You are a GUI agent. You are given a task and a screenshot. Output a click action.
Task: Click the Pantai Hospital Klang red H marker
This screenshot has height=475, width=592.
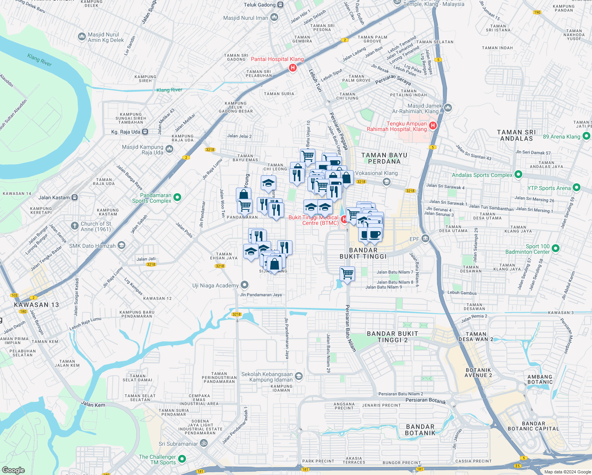tap(293, 68)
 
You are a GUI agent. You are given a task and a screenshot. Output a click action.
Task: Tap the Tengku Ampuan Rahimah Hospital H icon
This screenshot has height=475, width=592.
tap(433, 126)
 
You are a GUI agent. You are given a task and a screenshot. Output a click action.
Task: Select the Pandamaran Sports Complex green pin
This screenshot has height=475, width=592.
tap(177, 197)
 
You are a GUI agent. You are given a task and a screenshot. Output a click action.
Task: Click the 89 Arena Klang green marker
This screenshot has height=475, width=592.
tap(586, 136)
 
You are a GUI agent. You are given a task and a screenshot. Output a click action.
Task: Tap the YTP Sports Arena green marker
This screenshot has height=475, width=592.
tap(577, 188)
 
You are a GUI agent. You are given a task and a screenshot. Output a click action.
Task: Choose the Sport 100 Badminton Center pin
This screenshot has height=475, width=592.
tap(556, 249)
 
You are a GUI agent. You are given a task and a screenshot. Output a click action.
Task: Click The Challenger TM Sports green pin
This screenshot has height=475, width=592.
tap(182, 459)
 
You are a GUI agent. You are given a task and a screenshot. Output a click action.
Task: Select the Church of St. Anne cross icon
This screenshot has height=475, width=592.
tap(74, 226)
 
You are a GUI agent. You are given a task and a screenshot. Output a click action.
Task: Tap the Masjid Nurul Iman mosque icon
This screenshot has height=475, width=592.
tap(274, 17)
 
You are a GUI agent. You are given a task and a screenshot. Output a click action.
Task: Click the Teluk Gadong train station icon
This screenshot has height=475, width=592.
tap(280, 5)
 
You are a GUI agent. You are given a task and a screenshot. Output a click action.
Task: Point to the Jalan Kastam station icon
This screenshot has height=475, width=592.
tap(74, 197)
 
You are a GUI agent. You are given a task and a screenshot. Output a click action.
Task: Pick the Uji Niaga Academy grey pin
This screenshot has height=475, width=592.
tap(245, 285)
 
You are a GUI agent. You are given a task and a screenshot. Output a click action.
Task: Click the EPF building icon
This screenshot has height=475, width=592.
tap(425, 238)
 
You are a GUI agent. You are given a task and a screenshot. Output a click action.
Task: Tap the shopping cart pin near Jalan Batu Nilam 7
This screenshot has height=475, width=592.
tap(347, 274)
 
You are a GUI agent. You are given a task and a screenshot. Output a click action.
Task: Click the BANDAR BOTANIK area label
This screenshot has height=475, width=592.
tap(420, 429)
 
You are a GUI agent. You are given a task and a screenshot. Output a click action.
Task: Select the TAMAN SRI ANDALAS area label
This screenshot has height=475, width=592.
tap(516, 135)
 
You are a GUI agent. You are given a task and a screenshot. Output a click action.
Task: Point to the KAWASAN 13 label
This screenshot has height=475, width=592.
tap(36, 305)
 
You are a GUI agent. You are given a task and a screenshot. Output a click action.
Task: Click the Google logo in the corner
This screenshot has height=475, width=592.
tap(13, 470)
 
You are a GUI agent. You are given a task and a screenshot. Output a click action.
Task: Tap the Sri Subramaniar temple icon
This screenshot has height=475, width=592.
tap(203, 443)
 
